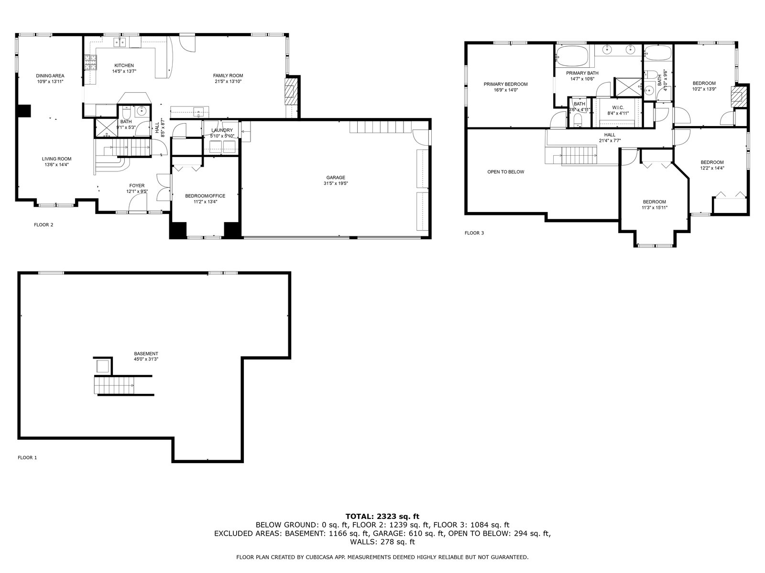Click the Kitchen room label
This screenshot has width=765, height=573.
124,65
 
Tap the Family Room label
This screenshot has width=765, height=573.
228,75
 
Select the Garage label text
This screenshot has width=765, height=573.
336,178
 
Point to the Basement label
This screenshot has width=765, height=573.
146,354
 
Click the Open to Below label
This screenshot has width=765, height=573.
505,172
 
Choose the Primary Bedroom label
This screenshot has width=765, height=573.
505,84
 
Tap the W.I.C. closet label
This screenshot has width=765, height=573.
618,107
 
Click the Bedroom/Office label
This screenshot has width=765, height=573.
205,196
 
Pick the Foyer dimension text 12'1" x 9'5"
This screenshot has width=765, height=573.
137,191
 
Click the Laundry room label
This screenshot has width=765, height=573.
222,130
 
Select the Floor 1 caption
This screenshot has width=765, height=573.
27,457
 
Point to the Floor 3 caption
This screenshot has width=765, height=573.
474,233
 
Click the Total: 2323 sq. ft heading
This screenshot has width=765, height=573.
382,517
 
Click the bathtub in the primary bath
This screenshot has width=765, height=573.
572,56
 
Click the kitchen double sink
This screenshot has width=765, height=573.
119,42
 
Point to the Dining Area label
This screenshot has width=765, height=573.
50,76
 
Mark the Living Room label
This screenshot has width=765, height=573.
56,159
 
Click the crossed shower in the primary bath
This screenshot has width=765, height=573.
628,87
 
